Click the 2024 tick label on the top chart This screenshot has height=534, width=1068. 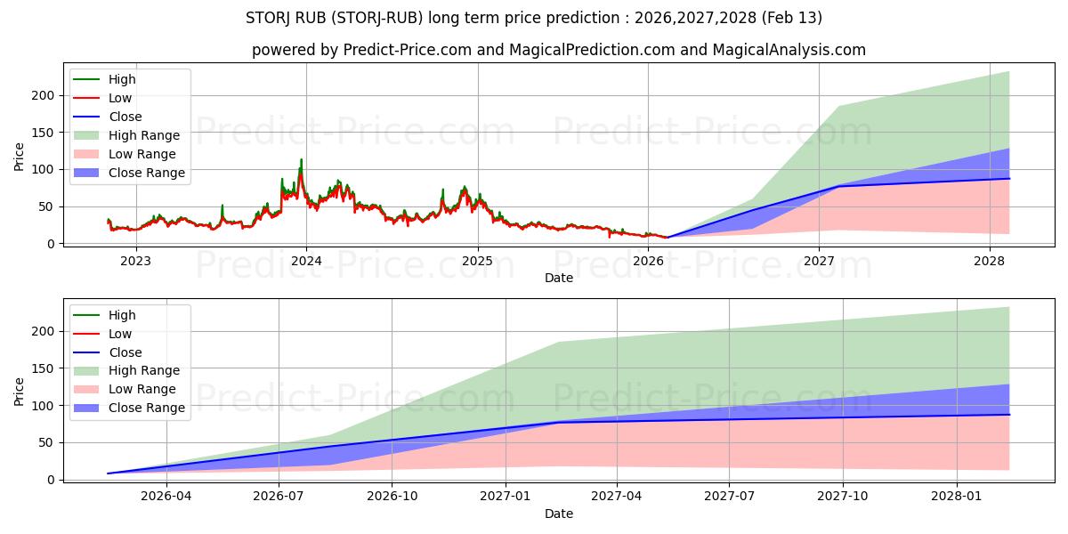click(x=306, y=261)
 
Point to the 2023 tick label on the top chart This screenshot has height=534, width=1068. click(x=135, y=261)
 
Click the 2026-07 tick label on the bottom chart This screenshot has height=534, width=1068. click(x=279, y=497)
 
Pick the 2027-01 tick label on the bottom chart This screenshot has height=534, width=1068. click(x=506, y=497)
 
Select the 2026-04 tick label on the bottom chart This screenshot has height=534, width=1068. click(x=166, y=497)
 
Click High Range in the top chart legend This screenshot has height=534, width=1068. click(x=144, y=135)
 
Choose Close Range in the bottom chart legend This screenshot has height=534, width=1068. click(x=147, y=408)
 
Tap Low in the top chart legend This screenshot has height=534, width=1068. click(x=121, y=98)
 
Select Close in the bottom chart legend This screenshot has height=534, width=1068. click(x=125, y=352)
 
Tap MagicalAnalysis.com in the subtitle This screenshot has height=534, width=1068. click(x=789, y=50)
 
